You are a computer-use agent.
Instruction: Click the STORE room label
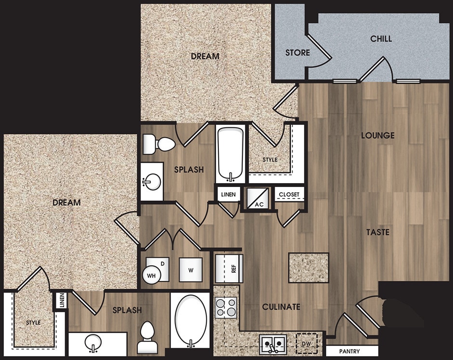(297, 52)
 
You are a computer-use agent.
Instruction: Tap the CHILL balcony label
(381, 39)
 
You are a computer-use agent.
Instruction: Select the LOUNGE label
(378, 135)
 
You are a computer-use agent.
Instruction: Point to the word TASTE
(377, 232)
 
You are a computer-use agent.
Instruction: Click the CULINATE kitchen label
(281, 307)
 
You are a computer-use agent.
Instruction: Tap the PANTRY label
(349, 351)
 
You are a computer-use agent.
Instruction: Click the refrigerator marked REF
(228, 268)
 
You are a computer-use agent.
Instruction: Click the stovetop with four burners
(226, 307)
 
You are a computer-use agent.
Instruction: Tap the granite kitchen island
(308, 267)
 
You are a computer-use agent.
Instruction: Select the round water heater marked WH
(151, 276)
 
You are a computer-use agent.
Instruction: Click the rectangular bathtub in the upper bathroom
(230, 153)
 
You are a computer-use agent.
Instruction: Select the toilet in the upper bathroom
(160, 144)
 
